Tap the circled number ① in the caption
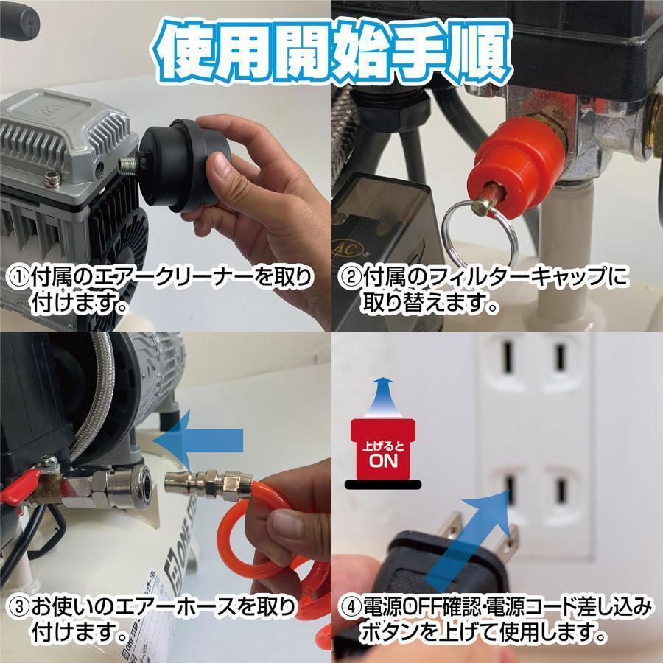[x=18, y=278]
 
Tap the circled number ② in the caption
[x=350, y=278]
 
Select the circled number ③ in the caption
[x=18, y=608]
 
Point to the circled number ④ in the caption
[x=350, y=608]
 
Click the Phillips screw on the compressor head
[x=52, y=178]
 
